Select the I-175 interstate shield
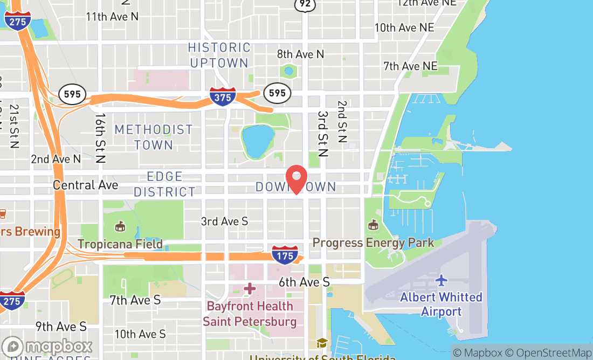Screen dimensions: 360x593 284,255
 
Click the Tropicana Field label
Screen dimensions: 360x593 120,244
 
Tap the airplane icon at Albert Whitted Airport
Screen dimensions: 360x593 442,280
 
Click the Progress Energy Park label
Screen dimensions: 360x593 373,243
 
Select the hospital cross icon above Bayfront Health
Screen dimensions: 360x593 249,289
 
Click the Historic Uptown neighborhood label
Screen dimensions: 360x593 219,56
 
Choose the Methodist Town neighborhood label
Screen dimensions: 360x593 154,137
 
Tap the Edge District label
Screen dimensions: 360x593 164,184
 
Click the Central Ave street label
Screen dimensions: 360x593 85,185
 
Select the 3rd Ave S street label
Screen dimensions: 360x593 224,221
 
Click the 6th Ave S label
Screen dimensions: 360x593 304,282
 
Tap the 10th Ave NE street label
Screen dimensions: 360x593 404,27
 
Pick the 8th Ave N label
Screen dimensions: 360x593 301,54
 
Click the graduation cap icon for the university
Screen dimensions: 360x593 322,343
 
